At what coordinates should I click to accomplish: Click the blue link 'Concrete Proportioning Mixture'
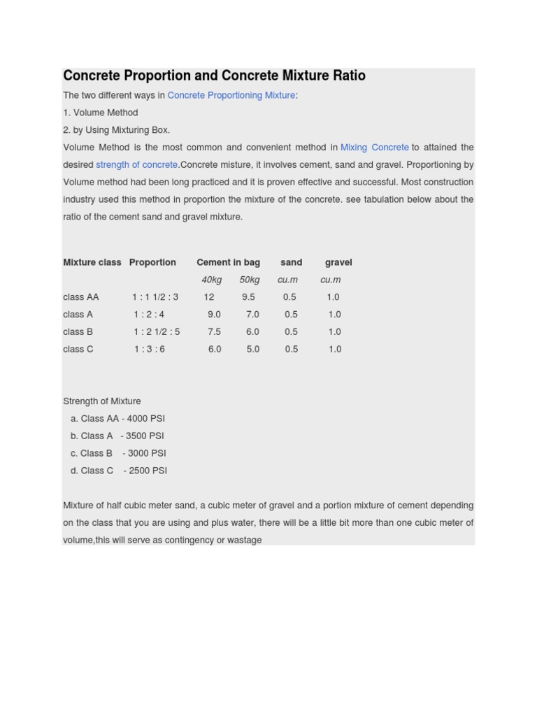(x=231, y=95)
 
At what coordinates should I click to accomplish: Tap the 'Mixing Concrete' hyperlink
(x=374, y=148)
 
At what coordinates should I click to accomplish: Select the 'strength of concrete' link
(x=136, y=165)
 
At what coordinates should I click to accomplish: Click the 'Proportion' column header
(x=152, y=262)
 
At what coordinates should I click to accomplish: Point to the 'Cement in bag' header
(x=228, y=262)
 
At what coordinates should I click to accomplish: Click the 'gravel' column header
(x=338, y=262)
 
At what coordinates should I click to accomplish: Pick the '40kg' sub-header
(x=211, y=280)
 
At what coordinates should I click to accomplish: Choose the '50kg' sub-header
(x=249, y=280)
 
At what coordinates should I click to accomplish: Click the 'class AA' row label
(x=81, y=297)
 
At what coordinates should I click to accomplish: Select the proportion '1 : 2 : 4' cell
(x=149, y=315)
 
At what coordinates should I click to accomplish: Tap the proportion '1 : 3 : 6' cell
(x=149, y=349)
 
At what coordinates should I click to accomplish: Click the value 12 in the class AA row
(x=209, y=297)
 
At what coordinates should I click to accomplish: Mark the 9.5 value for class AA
(x=248, y=297)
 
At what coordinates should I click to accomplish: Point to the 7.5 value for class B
(x=214, y=332)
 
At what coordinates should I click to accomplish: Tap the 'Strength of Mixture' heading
(x=102, y=401)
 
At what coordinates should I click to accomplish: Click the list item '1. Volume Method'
(x=101, y=113)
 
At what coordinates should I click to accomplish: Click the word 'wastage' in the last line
(x=243, y=540)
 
